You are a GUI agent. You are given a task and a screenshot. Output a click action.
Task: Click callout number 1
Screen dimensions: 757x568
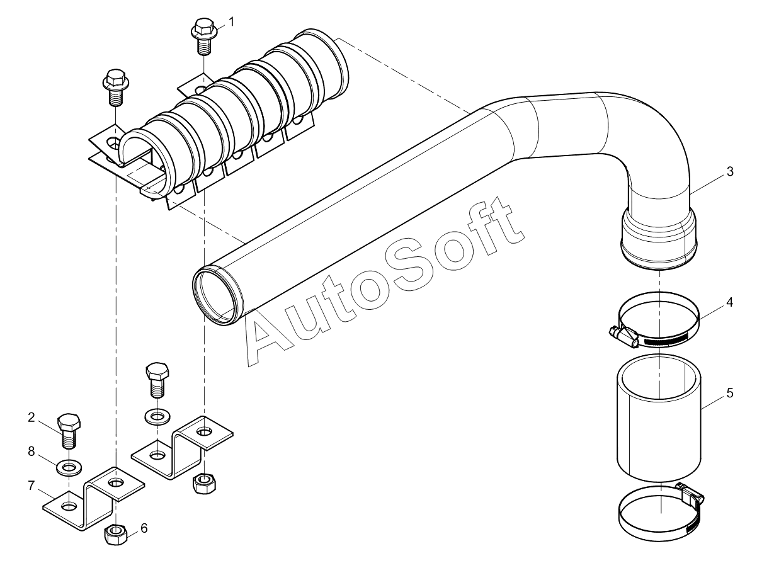(x=231, y=22)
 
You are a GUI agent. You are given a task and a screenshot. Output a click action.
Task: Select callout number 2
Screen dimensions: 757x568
(x=31, y=417)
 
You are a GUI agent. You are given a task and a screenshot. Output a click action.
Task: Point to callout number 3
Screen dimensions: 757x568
(x=730, y=171)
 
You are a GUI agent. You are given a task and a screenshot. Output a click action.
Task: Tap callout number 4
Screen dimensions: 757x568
(x=729, y=302)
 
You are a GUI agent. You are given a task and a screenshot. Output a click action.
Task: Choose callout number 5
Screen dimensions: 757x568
(x=730, y=393)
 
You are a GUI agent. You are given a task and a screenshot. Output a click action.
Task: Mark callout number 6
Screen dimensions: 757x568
(x=144, y=528)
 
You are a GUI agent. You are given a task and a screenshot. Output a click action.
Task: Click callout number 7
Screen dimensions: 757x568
(x=31, y=486)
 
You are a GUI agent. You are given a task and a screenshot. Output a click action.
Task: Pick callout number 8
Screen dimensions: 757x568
(x=31, y=451)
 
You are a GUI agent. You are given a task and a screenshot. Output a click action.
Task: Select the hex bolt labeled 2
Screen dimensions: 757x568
(x=69, y=431)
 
